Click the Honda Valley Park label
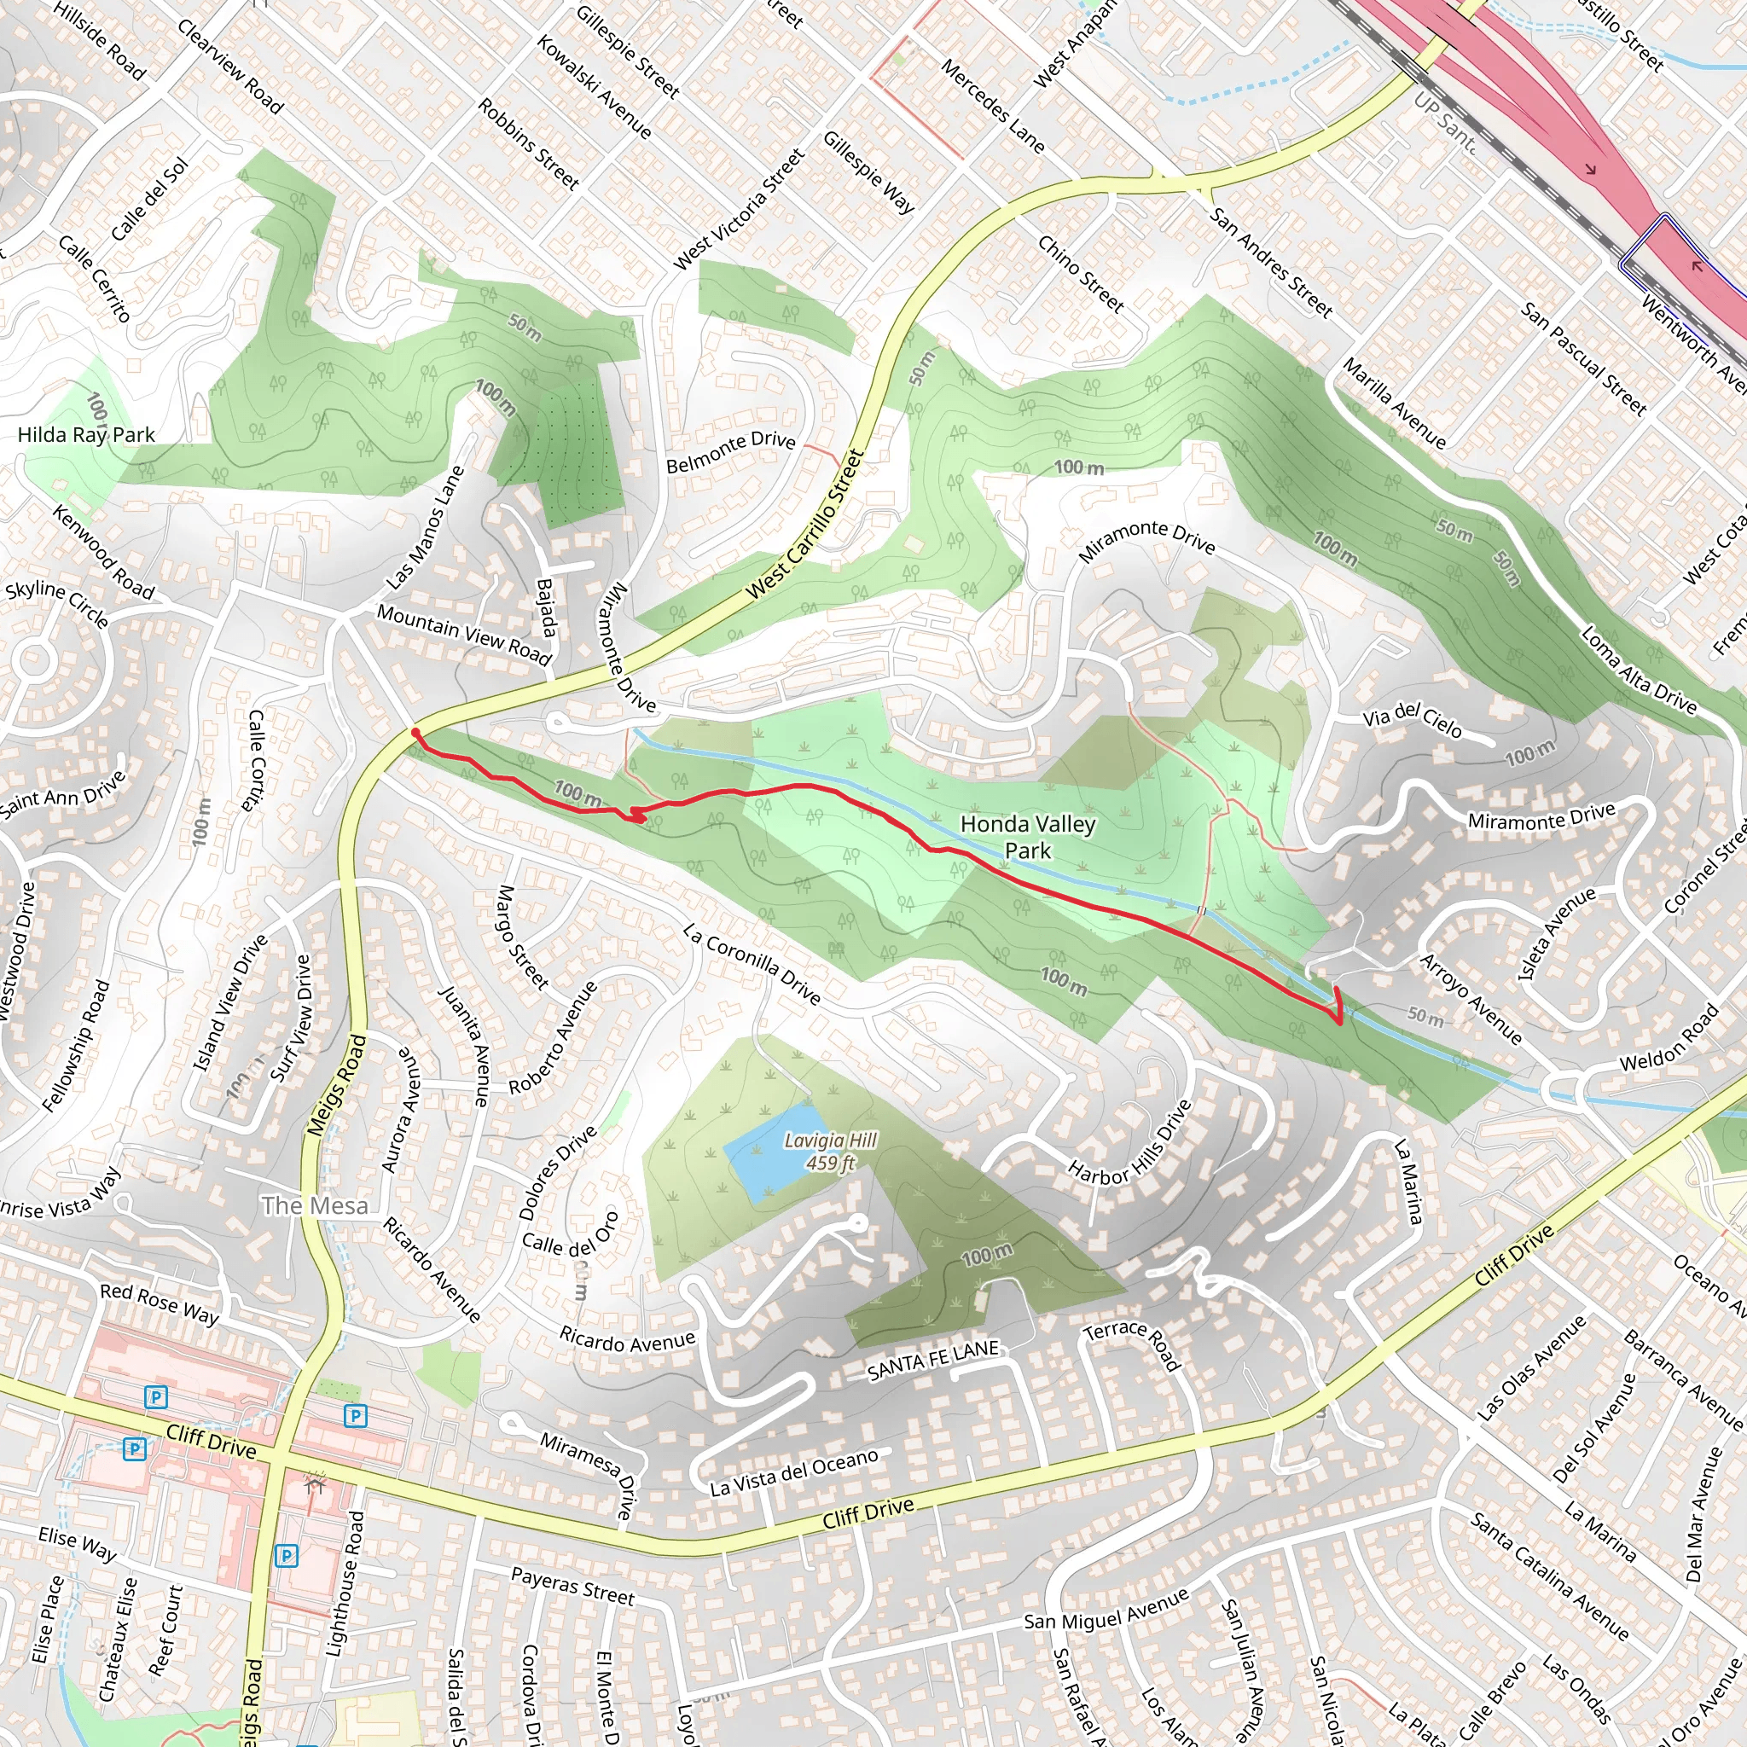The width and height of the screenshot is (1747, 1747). [x=1027, y=837]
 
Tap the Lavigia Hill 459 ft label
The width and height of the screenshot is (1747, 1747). [x=830, y=1152]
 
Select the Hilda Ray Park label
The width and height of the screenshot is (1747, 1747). [x=86, y=435]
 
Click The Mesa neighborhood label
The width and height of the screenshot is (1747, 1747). [x=315, y=1205]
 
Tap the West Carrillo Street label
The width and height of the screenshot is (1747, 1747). [x=804, y=525]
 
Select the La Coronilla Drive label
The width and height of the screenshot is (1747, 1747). [x=752, y=964]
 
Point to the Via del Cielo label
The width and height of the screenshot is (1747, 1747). [x=1412, y=720]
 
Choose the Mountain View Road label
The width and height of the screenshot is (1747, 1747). [x=464, y=634]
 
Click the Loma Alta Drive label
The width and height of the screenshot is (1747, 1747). [x=1638, y=670]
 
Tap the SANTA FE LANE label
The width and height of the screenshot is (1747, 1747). [x=933, y=1361]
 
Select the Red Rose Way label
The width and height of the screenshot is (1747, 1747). [x=160, y=1304]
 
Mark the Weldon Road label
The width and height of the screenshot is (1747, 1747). [x=1669, y=1037]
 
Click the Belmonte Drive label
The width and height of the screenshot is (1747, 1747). [x=731, y=452]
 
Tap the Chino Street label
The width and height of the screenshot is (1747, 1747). [x=1081, y=274]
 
